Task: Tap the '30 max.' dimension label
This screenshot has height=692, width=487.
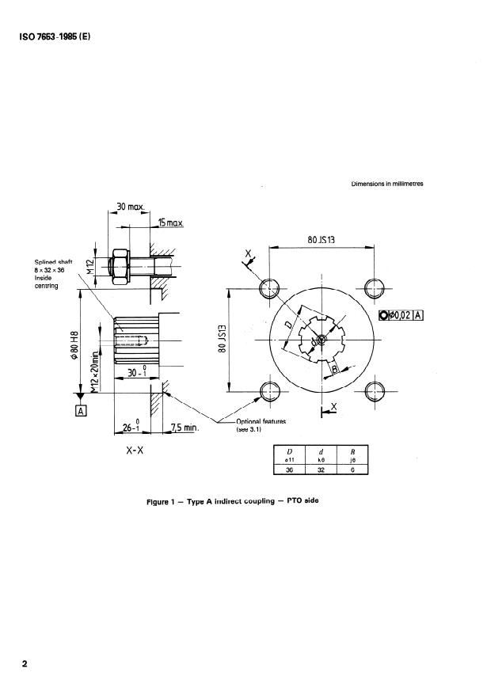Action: point(131,207)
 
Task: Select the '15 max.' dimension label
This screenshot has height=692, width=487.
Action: point(170,222)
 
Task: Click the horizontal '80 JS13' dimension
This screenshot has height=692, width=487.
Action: point(321,237)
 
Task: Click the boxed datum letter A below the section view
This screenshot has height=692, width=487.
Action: point(80,410)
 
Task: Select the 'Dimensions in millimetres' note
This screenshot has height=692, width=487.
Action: point(387,184)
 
